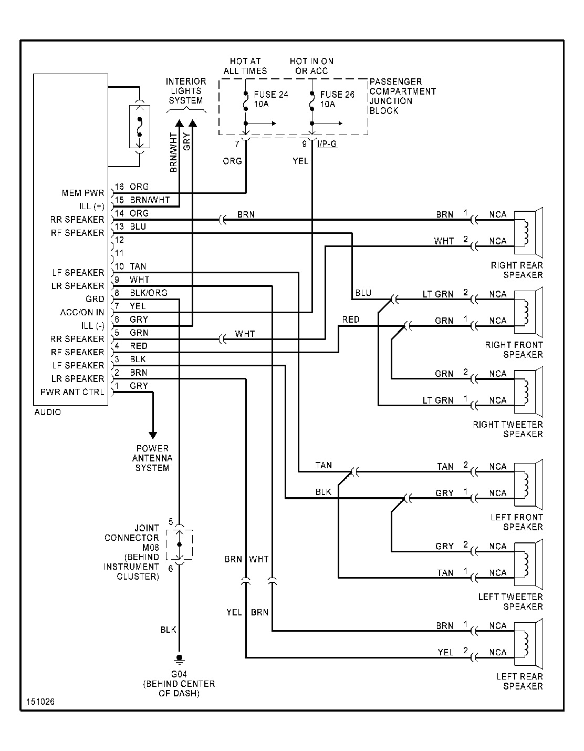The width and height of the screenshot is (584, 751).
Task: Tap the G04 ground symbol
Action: click(x=179, y=658)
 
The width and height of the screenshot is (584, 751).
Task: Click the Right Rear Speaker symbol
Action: click(x=528, y=228)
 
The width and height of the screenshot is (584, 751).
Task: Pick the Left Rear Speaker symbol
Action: click(x=528, y=639)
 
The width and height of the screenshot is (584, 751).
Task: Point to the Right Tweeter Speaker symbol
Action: click(x=528, y=387)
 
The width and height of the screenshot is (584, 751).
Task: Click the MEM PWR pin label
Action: click(x=83, y=193)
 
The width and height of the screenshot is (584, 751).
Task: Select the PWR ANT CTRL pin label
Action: click(x=72, y=392)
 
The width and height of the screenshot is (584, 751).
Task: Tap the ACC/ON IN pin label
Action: click(x=82, y=312)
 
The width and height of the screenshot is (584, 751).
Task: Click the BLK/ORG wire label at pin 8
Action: click(x=149, y=293)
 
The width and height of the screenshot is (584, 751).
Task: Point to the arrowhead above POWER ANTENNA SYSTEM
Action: click(x=153, y=435)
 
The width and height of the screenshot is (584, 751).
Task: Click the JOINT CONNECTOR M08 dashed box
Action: click(x=179, y=545)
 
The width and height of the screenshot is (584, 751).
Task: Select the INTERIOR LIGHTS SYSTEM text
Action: click(x=186, y=91)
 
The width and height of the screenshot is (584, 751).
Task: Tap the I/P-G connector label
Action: click(x=327, y=144)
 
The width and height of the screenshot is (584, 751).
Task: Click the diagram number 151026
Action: click(x=41, y=702)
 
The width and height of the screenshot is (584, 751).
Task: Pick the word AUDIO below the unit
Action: click(x=48, y=412)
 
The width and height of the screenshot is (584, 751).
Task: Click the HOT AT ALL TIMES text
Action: click(x=245, y=66)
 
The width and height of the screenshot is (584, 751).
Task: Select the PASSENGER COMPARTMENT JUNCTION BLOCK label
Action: click(x=402, y=96)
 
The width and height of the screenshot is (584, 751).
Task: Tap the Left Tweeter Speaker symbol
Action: click(x=528, y=559)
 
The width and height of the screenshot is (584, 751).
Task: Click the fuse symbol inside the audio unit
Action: click(x=140, y=126)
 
